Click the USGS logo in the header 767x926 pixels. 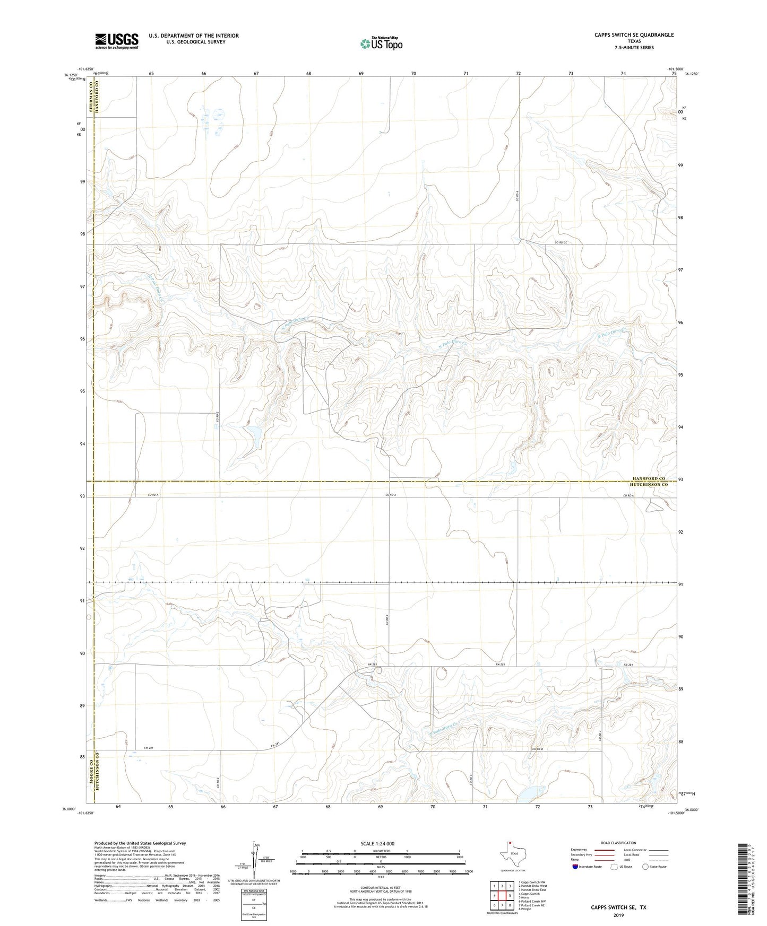tap(117, 41)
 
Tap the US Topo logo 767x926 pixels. tap(381, 44)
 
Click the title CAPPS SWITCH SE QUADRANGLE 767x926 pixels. tap(634, 35)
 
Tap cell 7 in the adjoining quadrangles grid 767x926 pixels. tap(502, 905)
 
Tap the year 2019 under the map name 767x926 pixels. tap(618, 915)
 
